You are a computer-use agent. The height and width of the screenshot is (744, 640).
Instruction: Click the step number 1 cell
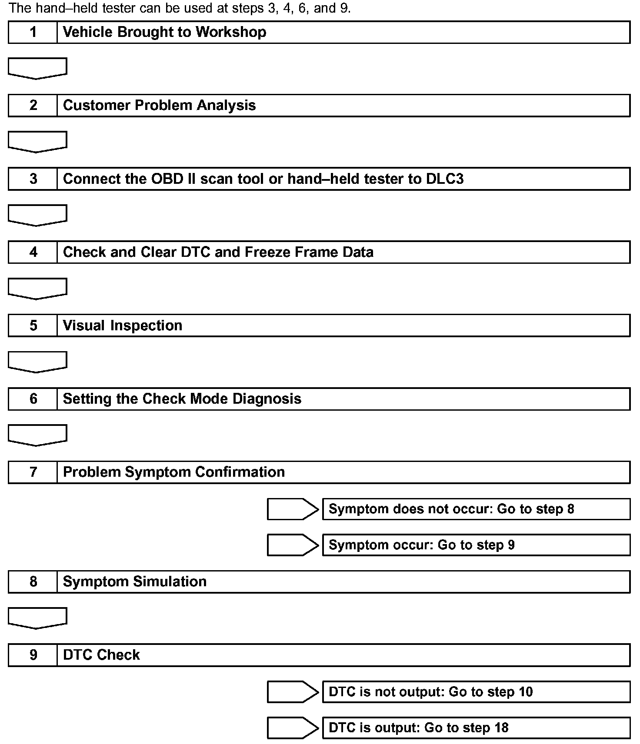click(x=33, y=32)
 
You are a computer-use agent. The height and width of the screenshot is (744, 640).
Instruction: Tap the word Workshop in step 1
click(x=230, y=32)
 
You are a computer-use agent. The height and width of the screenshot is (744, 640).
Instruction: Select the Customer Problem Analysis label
click(x=159, y=106)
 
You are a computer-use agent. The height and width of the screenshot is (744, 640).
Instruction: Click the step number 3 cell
click(x=33, y=179)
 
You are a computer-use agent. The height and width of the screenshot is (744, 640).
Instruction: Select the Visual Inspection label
click(x=122, y=325)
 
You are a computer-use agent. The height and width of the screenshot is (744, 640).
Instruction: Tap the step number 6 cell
click(x=33, y=399)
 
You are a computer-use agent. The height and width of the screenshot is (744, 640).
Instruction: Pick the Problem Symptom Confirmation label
click(x=173, y=472)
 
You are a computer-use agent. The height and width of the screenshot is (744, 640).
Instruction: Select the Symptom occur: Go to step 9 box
click(x=476, y=545)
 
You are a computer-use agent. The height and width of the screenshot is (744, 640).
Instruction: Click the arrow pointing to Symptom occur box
click(x=293, y=545)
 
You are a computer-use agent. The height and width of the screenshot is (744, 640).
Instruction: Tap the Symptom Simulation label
click(x=134, y=582)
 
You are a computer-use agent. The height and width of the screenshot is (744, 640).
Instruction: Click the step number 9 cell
click(x=33, y=655)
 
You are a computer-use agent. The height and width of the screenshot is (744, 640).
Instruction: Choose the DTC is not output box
click(x=476, y=692)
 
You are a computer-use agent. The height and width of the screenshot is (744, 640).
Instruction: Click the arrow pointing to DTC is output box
click(x=293, y=728)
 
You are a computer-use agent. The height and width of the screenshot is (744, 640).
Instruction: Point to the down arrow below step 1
click(x=37, y=68)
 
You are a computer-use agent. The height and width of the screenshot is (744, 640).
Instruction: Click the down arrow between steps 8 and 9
click(x=37, y=618)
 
